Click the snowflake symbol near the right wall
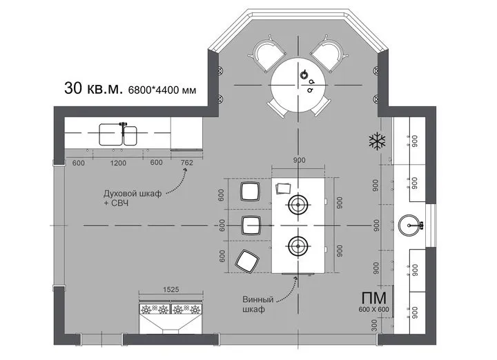point(377,141)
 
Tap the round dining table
point(298,85)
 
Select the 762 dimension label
point(186,163)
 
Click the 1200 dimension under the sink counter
point(118,163)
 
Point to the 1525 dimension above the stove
point(171,290)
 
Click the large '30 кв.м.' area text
point(93,88)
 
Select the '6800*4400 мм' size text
point(162,90)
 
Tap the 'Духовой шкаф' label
point(133,194)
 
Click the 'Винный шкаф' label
point(257,304)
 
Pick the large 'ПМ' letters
point(374,298)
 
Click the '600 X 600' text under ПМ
point(373,310)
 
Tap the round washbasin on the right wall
point(409,226)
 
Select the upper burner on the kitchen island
point(298,205)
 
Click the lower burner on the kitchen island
point(298,246)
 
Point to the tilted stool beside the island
point(246,261)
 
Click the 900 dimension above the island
point(299,160)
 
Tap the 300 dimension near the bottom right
point(374,325)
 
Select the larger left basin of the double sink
point(110,134)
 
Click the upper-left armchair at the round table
point(268,53)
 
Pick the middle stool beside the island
point(251,226)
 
